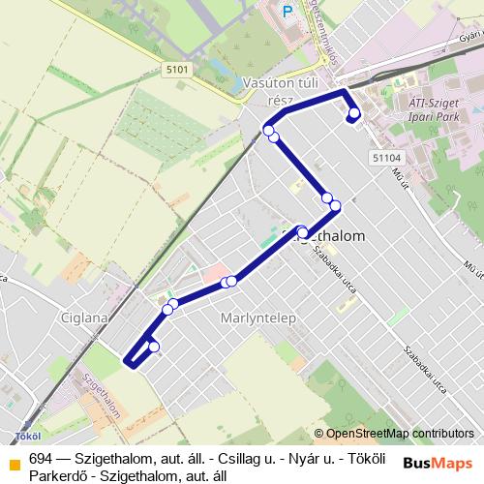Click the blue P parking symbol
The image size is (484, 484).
pos(287,12)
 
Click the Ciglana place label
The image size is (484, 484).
pos(108,316)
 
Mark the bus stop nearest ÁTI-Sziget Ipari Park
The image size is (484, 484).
pos(354,114)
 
